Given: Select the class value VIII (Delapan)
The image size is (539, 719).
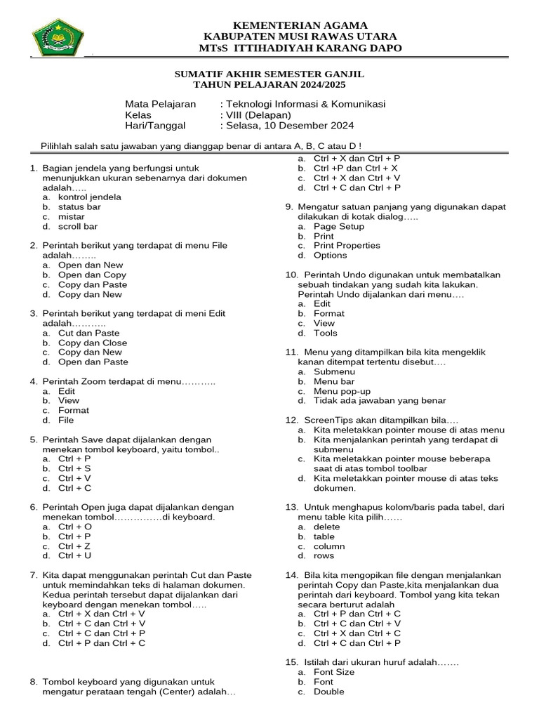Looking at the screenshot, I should (257, 115).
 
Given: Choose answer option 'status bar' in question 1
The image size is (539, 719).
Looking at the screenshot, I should (79, 207).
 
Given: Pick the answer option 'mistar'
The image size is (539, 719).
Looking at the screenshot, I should (71, 217).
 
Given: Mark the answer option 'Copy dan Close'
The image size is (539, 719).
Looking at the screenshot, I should (93, 343).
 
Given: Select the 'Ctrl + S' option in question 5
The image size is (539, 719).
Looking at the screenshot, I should (74, 468).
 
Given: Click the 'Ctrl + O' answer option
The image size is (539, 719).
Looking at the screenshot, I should (75, 526).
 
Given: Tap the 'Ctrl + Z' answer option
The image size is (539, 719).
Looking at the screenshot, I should (74, 546).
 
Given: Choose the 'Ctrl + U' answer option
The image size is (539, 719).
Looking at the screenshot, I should (75, 555).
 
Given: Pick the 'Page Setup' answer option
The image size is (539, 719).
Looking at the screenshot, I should (339, 227).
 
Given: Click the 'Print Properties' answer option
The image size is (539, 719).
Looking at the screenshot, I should (347, 246).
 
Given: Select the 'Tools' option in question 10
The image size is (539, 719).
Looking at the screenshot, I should (326, 333).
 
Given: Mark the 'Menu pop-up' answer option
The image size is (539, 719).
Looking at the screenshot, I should (342, 391).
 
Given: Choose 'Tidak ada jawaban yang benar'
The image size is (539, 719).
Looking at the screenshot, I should (380, 401).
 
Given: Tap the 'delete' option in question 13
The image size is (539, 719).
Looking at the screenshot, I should (327, 527).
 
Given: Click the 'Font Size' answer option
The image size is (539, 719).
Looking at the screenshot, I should (334, 672).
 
